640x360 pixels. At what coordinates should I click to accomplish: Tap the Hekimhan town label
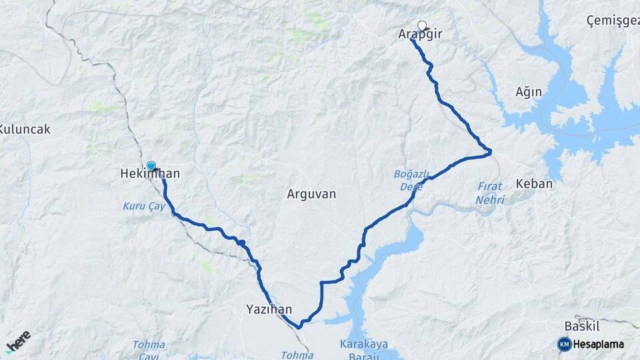150,174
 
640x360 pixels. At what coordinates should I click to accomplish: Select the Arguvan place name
311,194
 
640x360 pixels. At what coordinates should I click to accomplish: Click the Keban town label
534,183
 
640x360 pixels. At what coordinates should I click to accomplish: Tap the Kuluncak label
25,129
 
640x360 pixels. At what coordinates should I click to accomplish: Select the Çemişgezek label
612,21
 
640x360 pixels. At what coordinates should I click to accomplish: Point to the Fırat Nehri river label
491,193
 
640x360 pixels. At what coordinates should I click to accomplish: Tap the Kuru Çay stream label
139,206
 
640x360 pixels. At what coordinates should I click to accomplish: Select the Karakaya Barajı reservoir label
364,349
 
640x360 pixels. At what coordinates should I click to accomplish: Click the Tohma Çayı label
148,349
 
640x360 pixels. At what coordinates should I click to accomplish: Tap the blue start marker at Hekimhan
151,166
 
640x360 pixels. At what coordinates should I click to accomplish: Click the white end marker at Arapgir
421,26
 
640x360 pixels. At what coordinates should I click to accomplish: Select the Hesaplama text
599,344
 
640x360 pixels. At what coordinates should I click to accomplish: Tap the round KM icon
564,344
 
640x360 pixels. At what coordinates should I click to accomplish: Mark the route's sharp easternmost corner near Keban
490,152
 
